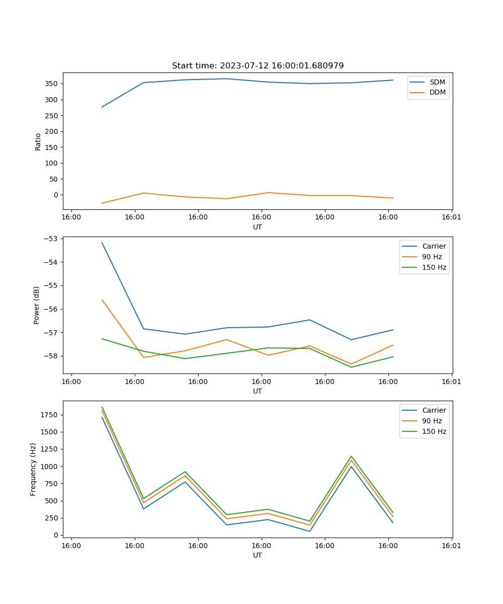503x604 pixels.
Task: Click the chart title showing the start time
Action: pyautogui.click(x=258, y=66)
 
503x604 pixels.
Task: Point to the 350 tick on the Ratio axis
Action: pyautogui.click(x=52, y=84)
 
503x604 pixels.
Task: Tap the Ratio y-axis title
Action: pyautogui.click(x=38, y=142)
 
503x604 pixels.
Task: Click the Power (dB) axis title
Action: pyautogui.click(x=37, y=306)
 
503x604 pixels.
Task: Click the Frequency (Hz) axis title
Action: pyautogui.click(x=34, y=469)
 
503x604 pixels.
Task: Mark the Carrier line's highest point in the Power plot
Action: pyautogui.click(x=102, y=243)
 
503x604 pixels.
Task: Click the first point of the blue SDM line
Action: pyautogui.click(x=102, y=107)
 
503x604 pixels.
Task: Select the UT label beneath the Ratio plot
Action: pyautogui.click(x=258, y=227)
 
